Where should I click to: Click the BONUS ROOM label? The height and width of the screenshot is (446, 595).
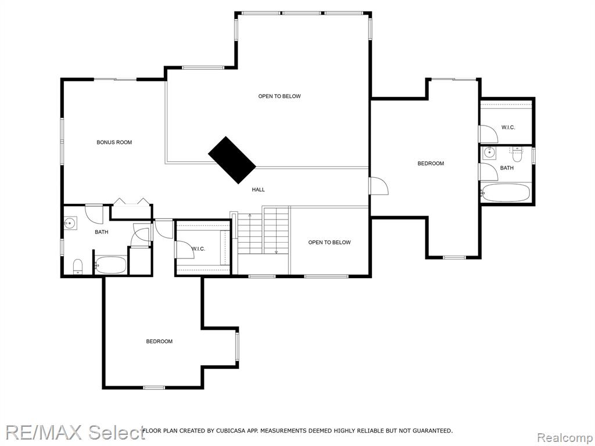pyautogui.click(x=114, y=142)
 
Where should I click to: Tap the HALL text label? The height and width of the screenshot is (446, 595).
pyautogui.click(x=258, y=190)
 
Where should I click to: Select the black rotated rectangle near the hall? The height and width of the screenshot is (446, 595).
pyautogui.click(x=232, y=160)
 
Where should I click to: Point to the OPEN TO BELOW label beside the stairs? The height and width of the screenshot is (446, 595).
pyautogui.click(x=329, y=242)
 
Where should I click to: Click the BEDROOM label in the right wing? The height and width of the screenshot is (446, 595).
pyautogui.click(x=431, y=164)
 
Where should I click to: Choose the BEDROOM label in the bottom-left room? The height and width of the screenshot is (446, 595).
pyautogui.click(x=159, y=341)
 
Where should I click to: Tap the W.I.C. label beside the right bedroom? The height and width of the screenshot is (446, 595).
pyautogui.click(x=508, y=128)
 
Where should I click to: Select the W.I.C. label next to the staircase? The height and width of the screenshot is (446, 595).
pyautogui.click(x=199, y=249)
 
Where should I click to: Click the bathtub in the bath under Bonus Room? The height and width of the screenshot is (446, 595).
pyautogui.click(x=110, y=265)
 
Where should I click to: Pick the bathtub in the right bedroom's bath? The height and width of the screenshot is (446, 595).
pyautogui.click(x=505, y=193)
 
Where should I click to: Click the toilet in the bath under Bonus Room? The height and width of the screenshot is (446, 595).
pyautogui.click(x=78, y=267)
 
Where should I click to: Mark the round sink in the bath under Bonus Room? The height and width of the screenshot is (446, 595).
pyautogui.click(x=70, y=222)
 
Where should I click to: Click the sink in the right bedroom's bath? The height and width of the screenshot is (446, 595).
pyautogui.click(x=489, y=153)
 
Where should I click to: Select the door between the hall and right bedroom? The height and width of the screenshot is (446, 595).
pyautogui.click(x=378, y=186)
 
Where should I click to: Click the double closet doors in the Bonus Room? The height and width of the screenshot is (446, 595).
pyautogui.click(x=131, y=202)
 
